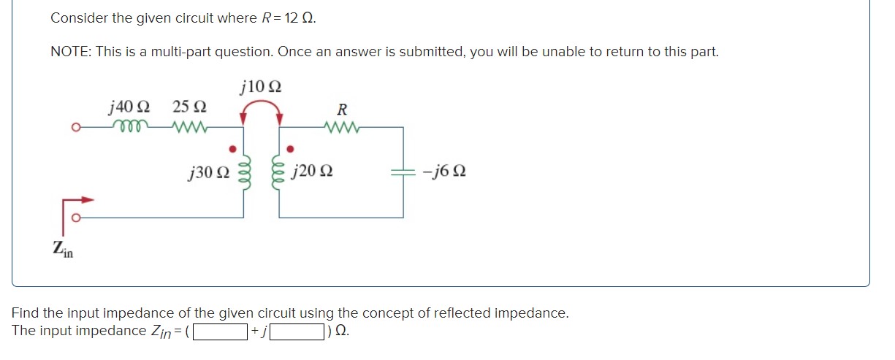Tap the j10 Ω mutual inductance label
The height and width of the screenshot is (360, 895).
tap(260, 86)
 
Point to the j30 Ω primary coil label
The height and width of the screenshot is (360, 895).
tap(208, 173)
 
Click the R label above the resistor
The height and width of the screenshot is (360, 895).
tap(341, 110)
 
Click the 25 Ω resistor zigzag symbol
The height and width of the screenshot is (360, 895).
tap(189, 127)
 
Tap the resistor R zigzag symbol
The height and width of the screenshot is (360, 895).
tap(341, 127)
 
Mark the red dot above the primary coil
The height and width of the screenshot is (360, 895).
tap(233, 149)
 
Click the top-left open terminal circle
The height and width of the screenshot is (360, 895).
tap(75, 128)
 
